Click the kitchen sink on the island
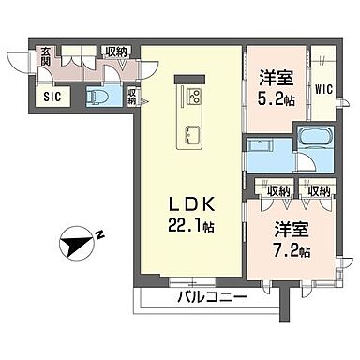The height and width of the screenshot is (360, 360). coord(190,134)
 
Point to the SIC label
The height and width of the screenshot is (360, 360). coord(52,97)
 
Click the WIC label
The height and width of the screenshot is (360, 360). coord(323,90)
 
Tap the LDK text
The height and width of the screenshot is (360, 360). coord(192,205)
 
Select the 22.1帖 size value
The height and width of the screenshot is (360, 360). coord(191,225)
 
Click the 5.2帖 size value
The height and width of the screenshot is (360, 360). coord(277,99)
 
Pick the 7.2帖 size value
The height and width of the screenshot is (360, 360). coord(292,250)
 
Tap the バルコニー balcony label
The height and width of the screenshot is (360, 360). coord(213,297)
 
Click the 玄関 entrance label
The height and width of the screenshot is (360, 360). coord(46,56)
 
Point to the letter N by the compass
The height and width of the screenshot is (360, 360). coord(99,234)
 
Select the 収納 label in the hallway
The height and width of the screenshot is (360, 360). coord(116,52)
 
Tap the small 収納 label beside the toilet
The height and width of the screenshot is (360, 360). coord(132,97)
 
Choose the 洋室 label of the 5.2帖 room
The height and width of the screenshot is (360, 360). coord(277,78)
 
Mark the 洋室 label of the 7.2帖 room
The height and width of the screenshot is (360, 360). coord(292,230)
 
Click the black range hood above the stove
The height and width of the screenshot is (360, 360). coord(189,80)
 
